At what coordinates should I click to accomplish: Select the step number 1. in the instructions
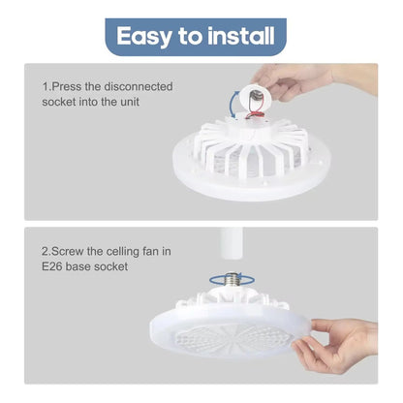pos(47,86)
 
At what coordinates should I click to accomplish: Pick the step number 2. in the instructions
pos(47,253)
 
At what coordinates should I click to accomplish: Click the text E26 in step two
pos(53,269)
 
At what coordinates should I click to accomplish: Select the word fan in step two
pos(154,253)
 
